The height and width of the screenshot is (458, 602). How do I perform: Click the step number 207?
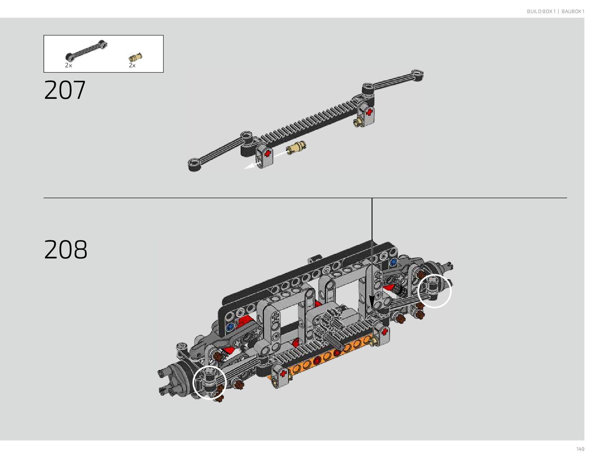click(x=65, y=90)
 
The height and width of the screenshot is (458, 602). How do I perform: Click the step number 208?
click(x=65, y=249)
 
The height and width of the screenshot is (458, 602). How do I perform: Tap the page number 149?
click(x=580, y=449)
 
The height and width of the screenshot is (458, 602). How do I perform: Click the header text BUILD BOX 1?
click(x=541, y=11)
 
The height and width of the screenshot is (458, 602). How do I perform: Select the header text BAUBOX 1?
click(x=573, y=11)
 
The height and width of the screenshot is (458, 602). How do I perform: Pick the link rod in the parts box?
click(x=86, y=50)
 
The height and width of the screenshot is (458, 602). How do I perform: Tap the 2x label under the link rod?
click(x=68, y=65)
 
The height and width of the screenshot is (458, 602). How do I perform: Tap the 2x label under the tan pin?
click(x=132, y=65)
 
